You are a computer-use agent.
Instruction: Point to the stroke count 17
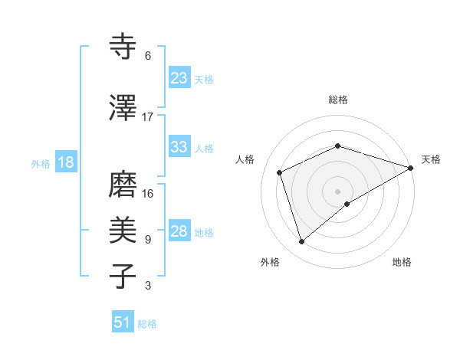pyautogui.click(x=148, y=116)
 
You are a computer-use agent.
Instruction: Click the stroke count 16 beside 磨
pyautogui.click(x=148, y=193)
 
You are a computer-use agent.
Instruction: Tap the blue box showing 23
pyautogui.click(x=179, y=78)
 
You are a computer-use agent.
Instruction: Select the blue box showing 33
pyautogui.click(x=179, y=147)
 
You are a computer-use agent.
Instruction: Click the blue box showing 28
pyautogui.click(x=179, y=231)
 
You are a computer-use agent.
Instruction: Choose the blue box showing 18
pyautogui.click(x=65, y=162)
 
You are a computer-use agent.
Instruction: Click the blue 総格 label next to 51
pyautogui.click(x=147, y=324)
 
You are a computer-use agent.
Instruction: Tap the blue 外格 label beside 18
pyautogui.click(x=41, y=163)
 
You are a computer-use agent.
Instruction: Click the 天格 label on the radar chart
pyautogui.click(x=431, y=159)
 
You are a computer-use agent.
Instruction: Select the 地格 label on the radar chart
pyautogui.click(x=402, y=262)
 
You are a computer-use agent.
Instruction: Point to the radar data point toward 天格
pyautogui.click(x=410, y=168)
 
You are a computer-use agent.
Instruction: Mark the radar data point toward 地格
pyautogui.click(x=347, y=204)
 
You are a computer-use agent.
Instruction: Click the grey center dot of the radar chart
pyautogui.click(x=337, y=191)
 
